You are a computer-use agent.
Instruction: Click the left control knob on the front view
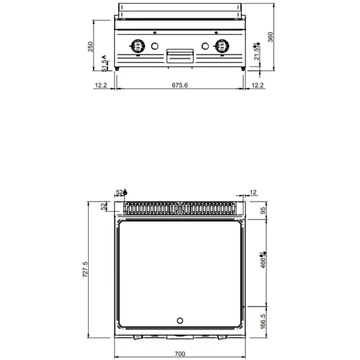[137, 46]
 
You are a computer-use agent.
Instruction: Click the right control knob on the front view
[223, 46]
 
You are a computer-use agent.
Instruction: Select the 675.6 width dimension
[180, 85]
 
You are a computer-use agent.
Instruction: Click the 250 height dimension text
[91, 47]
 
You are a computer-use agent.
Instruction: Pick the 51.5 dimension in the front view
[104, 65]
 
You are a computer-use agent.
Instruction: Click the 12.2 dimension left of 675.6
[101, 85]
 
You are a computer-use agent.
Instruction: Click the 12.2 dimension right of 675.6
[257, 85]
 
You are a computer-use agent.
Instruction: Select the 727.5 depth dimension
[85, 269]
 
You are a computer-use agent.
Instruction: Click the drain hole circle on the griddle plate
[180, 319]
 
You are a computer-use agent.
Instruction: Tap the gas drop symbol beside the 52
[125, 192]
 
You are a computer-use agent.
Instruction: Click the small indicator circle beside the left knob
[155, 46]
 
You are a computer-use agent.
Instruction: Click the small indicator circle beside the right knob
[205, 46]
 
